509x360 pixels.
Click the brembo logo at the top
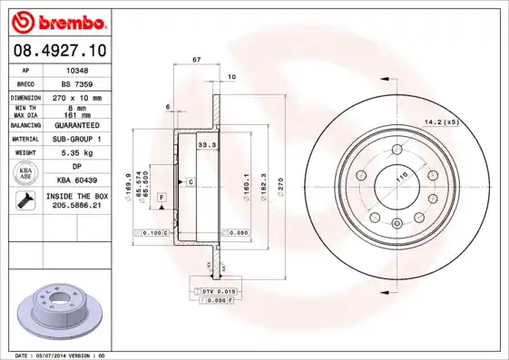[x=57, y=21]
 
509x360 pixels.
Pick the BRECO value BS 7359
[x=77, y=83]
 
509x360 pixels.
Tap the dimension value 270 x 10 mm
[x=77, y=97]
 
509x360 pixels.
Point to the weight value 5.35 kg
[x=77, y=153]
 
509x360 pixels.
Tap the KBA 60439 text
[x=77, y=181]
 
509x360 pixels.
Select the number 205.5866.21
[x=77, y=207]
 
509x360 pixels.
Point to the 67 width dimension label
[x=196, y=60]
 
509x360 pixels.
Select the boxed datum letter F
[x=162, y=197]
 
